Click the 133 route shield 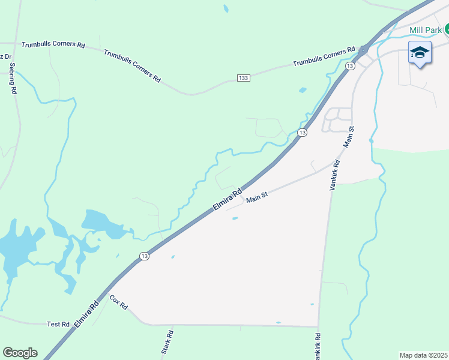pyautogui.click(x=243, y=79)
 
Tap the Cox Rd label pyautogui.click(x=119, y=302)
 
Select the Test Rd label pyautogui.click(x=58, y=324)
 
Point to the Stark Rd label pyautogui.click(x=167, y=342)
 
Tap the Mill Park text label pyautogui.click(x=425, y=30)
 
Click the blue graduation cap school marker pyautogui.click(x=420, y=53)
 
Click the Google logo pyautogui.click(x=20, y=353)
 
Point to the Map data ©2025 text pyautogui.click(x=423, y=355)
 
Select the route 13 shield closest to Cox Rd pyautogui.click(x=144, y=256)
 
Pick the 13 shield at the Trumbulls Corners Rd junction pyautogui.click(x=350, y=65)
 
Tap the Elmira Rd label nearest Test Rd pyautogui.click(x=86, y=315)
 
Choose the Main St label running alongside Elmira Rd pyautogui.click(x=256, y=197)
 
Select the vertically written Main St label pyautogui.click(x=349, y=137)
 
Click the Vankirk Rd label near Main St pyautogui.click(x=335, y=175)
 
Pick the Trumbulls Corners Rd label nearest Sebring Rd pyautogui.click(x=53, y=45)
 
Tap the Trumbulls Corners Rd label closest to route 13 pyautogui.click(x=324, y=56)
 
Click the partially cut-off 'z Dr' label pyautogui.click(x=5, y=57)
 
